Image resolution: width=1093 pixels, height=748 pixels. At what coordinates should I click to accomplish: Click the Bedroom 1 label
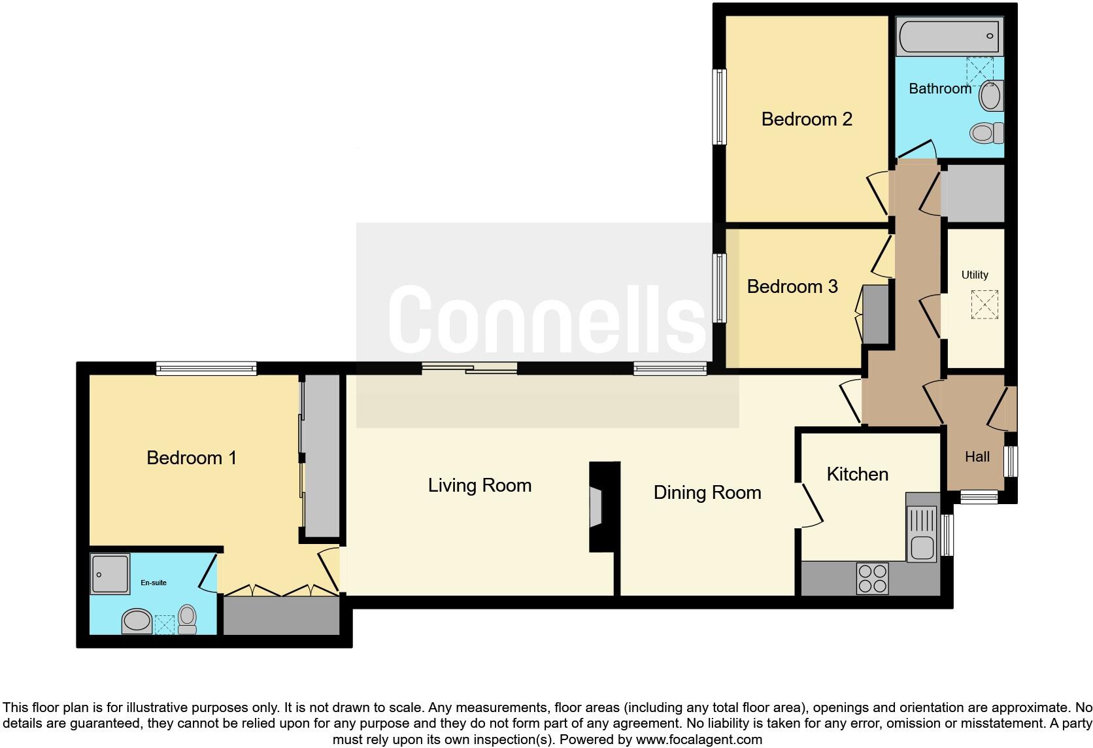pyautogui.click(x=191, y=458)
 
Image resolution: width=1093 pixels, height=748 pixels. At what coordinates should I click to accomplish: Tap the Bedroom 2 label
pyautogui.click(x=807, y=119)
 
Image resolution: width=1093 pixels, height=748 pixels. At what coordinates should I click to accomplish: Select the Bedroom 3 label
pyautogui.click(x=792, y=286)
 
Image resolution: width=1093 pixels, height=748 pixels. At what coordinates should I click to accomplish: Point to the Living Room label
pyautogui.click(x=479, y=485)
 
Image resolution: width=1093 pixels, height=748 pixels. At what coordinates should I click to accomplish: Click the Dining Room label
pyautogui.click(x=707, y=492)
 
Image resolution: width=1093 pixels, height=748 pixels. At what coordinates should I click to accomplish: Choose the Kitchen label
pyautogui.click(x=857, y=474)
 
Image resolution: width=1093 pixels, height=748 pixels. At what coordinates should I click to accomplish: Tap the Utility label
pyautogui.click(x=974, y=275)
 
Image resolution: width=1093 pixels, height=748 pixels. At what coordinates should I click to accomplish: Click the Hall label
pyautogui.click(x=977, y=457)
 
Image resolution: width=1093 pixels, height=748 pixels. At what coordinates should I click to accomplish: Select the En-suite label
pyautogui.click(x=154, y=583)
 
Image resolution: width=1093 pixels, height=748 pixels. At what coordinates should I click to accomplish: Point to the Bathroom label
pyautogui.click(x=939, y=88)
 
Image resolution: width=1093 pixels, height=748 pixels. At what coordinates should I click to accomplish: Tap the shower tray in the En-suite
pyautogui.click(x=110, y=573)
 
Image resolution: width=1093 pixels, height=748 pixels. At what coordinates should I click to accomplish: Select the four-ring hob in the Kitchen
pyautogui.click(x=872, y=578)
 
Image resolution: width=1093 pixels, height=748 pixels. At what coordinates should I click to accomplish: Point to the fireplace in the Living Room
pyautogui.click(x=596, y=507)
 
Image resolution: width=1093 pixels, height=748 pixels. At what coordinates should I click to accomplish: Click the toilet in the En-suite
pyautogui.click(x=187, y=619)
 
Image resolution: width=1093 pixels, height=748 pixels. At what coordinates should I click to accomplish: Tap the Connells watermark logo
pyautogui.click(x=546, y=317)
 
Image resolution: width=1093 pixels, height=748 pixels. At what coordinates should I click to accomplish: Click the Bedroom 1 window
pyautogui.click(x=206, y=369)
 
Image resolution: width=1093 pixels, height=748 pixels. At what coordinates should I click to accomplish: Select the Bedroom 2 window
pyautogui.click(x=719, y=107)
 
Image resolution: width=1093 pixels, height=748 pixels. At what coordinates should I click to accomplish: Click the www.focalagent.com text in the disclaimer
pyautogui.click(x=698, y=739)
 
